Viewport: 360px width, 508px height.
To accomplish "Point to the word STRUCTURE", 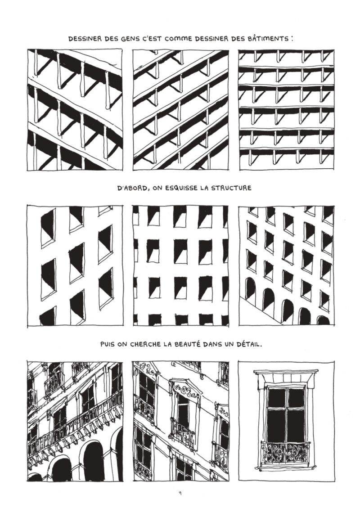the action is coord(230,188).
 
